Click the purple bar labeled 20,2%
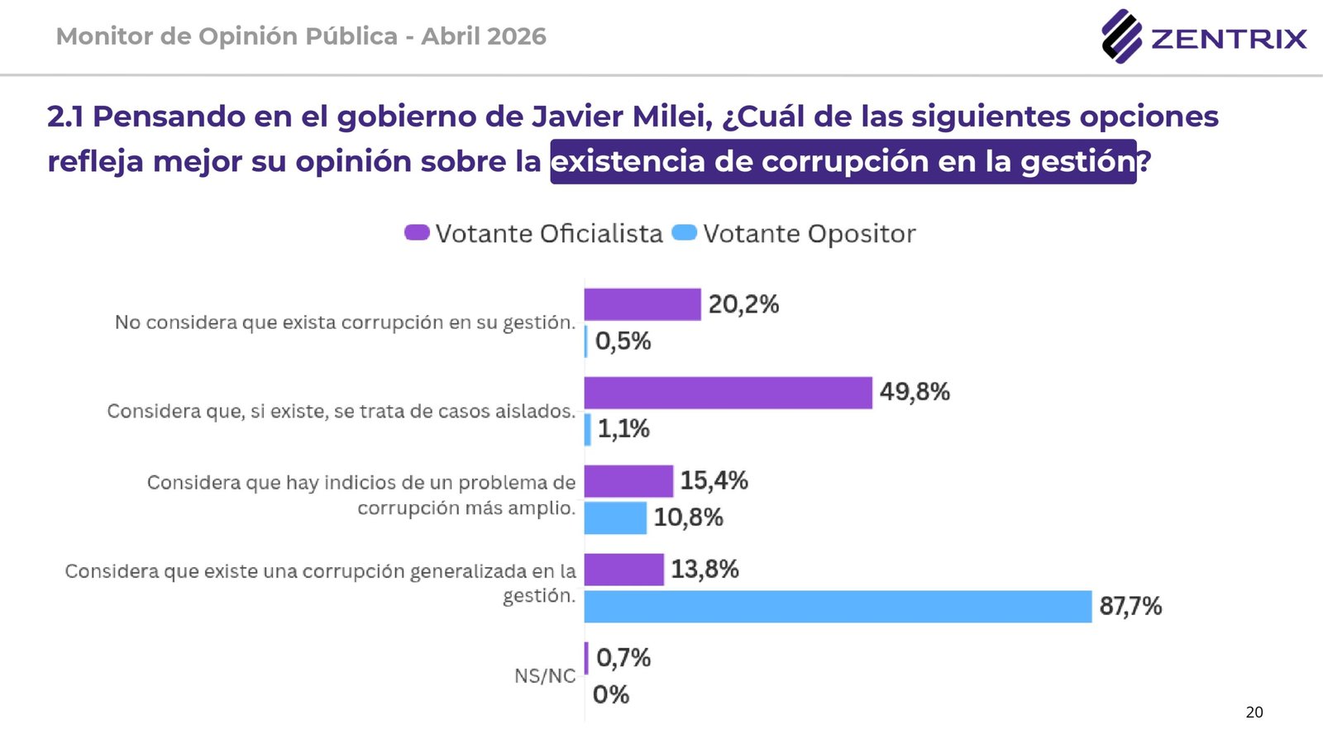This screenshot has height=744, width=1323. pyautogui.click(x=642, y=304)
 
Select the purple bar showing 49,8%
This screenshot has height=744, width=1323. pyautogui.click(x=728, y=393)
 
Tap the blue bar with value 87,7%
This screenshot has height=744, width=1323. pyautogui.click(x=837, y=606)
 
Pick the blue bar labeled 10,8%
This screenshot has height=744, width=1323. pyautogui.click(x=614, y=517)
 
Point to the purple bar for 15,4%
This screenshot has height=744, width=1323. pyautogui.click(x=628, y=481)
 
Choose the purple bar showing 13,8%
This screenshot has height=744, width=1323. pyautogui.click(x=623, y=570)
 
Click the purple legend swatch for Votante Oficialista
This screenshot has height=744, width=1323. pyautogui.click(x=417, y=233)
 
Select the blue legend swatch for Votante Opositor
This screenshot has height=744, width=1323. pyautogui.click(x=685, y=233)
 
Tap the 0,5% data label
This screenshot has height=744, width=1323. pyautogui.click(x=623, y=341)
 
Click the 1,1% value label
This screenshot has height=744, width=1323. pyautogui.click(x=623, y=429)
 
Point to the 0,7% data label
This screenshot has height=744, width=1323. pyautogui.click(x=623, y=658)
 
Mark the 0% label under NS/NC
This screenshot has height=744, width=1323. pyautogui.click(x=611, y=694)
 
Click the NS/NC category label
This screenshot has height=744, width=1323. pyautogui.click(x=545, y=676)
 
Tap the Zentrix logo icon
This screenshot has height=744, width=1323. pyautogui.click(x=1121, y=36)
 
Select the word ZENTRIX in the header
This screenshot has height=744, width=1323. pyautogui.click(x=1229, y=39)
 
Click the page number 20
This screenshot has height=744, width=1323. pyautogui.click(x=1254, y=713)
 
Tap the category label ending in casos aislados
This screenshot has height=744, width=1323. pyautogui.click(x=341, y=412)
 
